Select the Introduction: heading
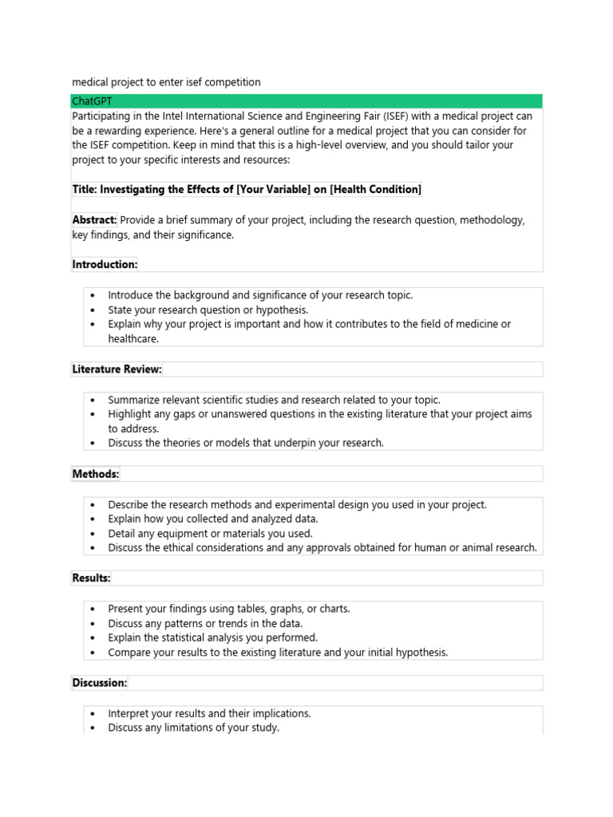coord(105,264)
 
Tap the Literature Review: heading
coord(117,369)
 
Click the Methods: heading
coord(96,474)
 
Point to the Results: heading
coord(92,578)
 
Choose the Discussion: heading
coord(100,683)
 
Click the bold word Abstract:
coord(95,220)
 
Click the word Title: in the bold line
coord(86,189)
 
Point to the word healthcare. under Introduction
coord(133,338)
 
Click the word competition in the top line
coord(231,82)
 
